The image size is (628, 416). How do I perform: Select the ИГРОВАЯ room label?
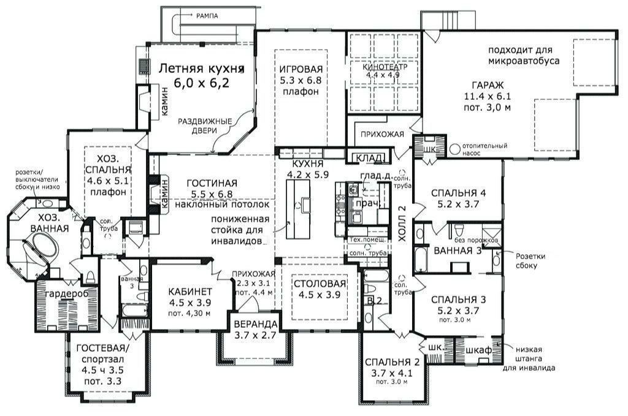coord(301,69)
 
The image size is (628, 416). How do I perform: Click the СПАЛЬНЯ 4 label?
coord(458,193)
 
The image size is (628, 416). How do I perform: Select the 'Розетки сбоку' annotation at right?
coord(522,260)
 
